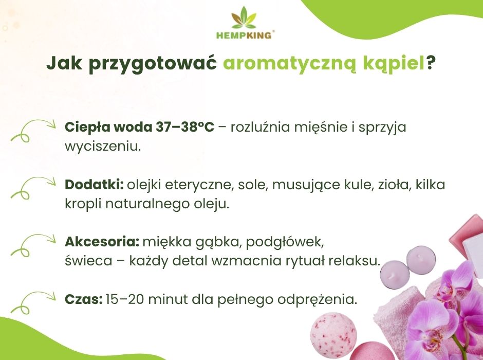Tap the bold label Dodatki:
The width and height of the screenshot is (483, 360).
click(95, 185)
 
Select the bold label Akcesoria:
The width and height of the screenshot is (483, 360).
click(102, 242)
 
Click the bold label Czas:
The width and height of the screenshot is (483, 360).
click(84, 299)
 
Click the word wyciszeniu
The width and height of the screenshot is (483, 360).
click(102, 146)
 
